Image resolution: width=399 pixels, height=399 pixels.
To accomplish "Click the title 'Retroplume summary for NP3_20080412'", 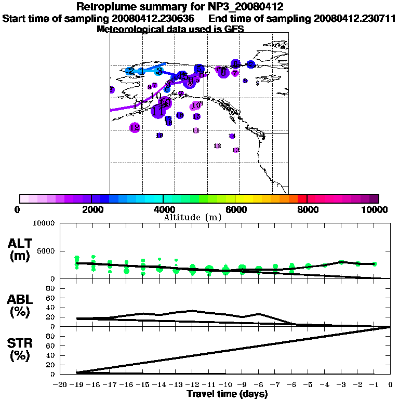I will click(180, 7).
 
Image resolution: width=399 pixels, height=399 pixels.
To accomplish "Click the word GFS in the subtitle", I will click(235, 29).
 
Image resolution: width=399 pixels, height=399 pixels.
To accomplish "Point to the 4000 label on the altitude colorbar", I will click(163, 209).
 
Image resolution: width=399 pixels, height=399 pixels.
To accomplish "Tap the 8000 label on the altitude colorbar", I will click(308, 209).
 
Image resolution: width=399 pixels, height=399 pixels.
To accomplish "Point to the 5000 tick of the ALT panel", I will click(46, 251).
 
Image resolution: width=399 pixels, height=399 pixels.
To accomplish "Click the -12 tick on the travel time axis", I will click(192, 385).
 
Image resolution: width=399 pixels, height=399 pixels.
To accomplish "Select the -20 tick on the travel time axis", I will click(61, 385).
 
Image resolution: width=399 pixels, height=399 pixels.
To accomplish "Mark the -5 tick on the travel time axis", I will click(308, 385).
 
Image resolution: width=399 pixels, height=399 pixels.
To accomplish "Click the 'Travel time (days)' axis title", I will click(227, 394).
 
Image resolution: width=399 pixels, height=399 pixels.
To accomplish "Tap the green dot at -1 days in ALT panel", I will click(374, 264).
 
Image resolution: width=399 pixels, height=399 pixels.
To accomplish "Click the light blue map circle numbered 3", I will click(159, 71).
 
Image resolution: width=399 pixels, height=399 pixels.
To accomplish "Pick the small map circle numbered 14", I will click(232, 136).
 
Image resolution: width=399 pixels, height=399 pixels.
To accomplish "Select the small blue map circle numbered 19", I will click(159, 135).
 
